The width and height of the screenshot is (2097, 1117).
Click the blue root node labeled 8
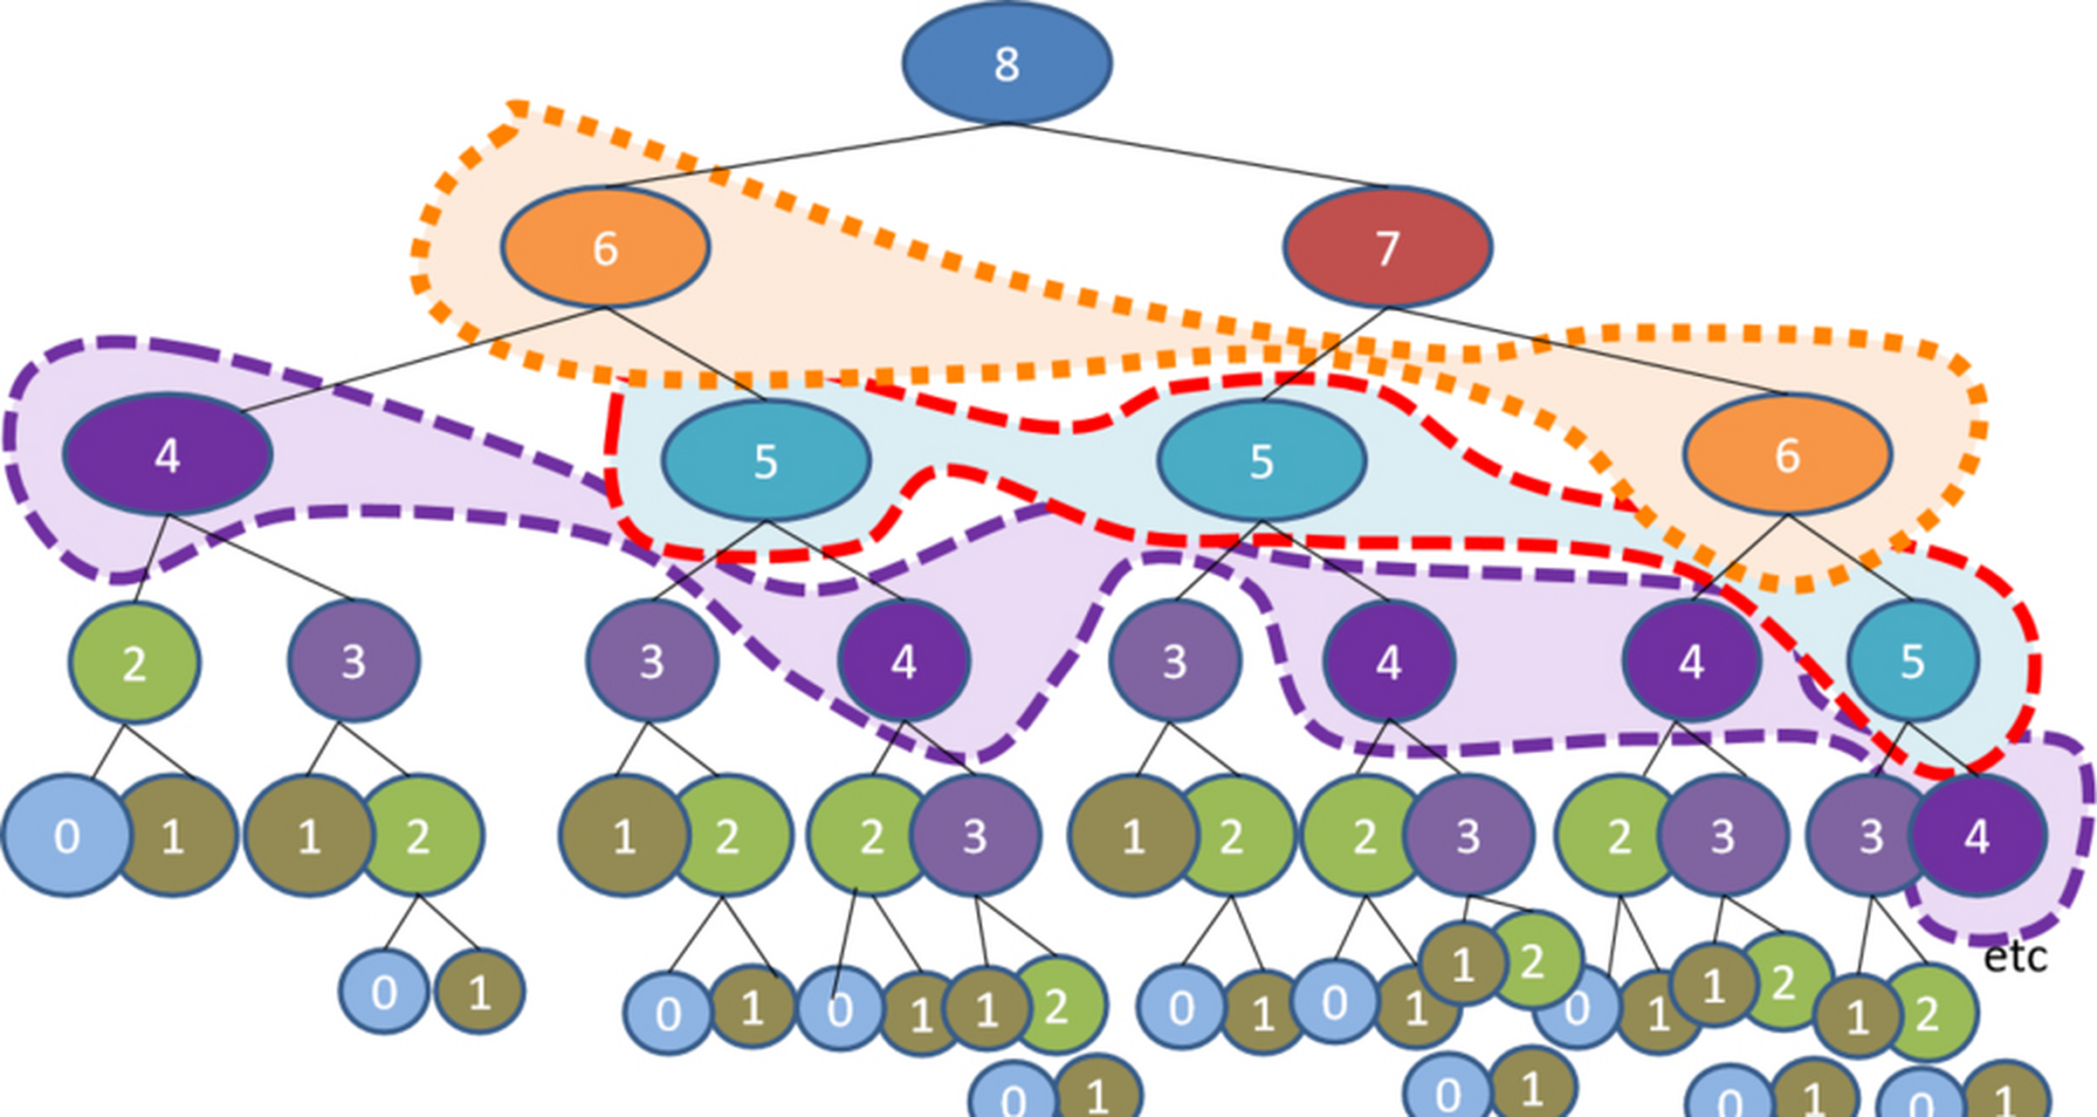(x=1007, y=63)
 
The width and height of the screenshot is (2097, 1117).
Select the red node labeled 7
(x=1387, y=248)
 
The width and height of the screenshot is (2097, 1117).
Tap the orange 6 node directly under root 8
(x=605, y=247)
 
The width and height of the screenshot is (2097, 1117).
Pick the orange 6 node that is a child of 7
(x=1787, y=455)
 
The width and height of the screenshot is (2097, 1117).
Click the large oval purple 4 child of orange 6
(x=168, y=455)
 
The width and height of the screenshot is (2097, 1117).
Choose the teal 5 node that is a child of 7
(x=1262, y=461)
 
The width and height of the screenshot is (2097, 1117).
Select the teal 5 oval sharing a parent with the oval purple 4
(x=766, y=461)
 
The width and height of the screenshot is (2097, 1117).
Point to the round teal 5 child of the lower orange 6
(x=1913, y=661)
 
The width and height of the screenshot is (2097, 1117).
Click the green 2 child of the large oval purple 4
(x=134, y=663)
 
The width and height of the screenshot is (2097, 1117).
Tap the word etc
(x=2015, y=957)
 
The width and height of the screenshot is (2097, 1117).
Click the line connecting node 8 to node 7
(x=1197, y=155)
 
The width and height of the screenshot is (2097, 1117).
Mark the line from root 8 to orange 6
(x=806, y=155)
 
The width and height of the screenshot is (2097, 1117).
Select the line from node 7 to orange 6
(x=1587, y=351)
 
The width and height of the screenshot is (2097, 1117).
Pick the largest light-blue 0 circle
(x=66, y=836)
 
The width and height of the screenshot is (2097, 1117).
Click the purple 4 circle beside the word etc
(x=1977, y=836)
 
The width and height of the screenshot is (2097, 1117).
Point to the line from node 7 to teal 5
(x=1324, y=354)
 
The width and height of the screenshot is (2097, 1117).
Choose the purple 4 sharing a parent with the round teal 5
(x=1691, y=661)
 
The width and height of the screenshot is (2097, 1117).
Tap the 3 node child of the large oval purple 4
(x=354, y=661)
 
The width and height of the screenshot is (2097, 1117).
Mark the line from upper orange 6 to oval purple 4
(x=423, y=359)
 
